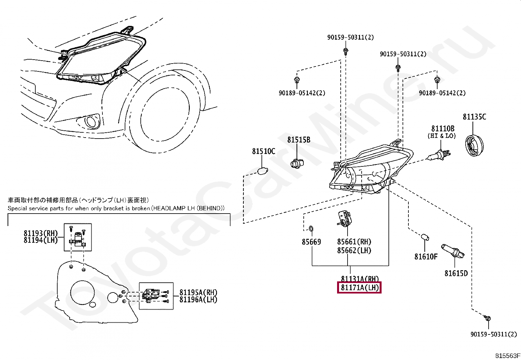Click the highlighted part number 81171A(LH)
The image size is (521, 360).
pyautogui.click(x=359, y=288)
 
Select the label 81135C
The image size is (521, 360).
pyautogui.click(x=474, y=117)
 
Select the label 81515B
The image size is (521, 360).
pyautogui.click(x=299, y=140)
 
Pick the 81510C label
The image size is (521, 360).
pyautogui.click(x=263, y=151)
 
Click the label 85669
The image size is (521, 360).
pyautogui.click(x=311, y=242)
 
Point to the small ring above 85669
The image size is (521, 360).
pyautogui.click(x=311, y=228)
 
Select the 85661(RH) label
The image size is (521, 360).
pyautogui.click(x=354, y=242)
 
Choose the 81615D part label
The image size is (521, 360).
pyautogui.click(x=456, y=273)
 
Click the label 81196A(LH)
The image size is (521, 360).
pyautogui.click(x=198, y=299)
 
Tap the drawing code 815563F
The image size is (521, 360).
pyautogui.click(x=507, y=355)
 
